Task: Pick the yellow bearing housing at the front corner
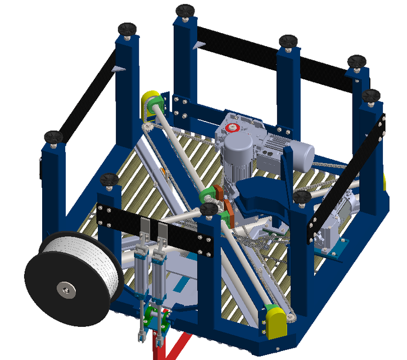click(x=274, y=321)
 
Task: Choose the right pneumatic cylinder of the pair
click(x=160, y=270)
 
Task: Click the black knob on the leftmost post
click(x=53, y=136)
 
